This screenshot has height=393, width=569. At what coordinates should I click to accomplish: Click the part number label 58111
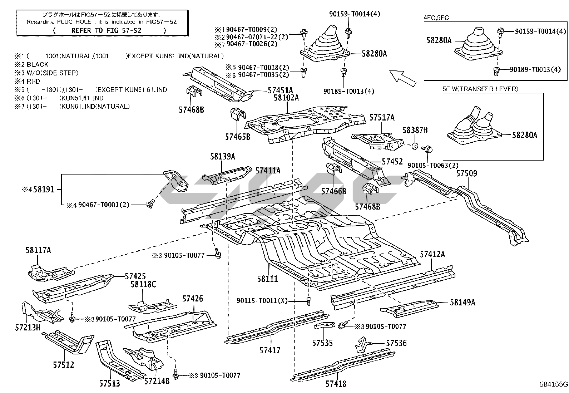[267, 279]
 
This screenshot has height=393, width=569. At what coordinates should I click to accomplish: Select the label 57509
[466, 174]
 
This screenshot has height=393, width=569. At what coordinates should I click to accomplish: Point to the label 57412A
[432, 254]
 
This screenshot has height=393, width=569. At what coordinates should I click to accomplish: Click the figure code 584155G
[553, 385]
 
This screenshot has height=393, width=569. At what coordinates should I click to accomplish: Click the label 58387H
[415, 131]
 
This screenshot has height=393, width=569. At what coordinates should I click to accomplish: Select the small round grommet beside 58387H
[415, 146]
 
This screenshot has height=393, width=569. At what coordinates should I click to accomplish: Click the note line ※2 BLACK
[31, 64]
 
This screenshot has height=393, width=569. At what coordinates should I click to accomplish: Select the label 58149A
[462, 303]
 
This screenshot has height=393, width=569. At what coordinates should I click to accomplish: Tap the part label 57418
[336, 384]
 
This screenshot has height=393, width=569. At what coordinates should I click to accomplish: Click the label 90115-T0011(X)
[262, 301]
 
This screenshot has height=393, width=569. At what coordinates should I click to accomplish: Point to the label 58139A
[223, 157]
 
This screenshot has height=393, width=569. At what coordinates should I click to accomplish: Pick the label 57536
[396, 343]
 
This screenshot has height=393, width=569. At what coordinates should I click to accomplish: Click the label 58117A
[38, 250]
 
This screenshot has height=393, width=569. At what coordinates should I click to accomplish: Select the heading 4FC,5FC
[436, 18]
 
